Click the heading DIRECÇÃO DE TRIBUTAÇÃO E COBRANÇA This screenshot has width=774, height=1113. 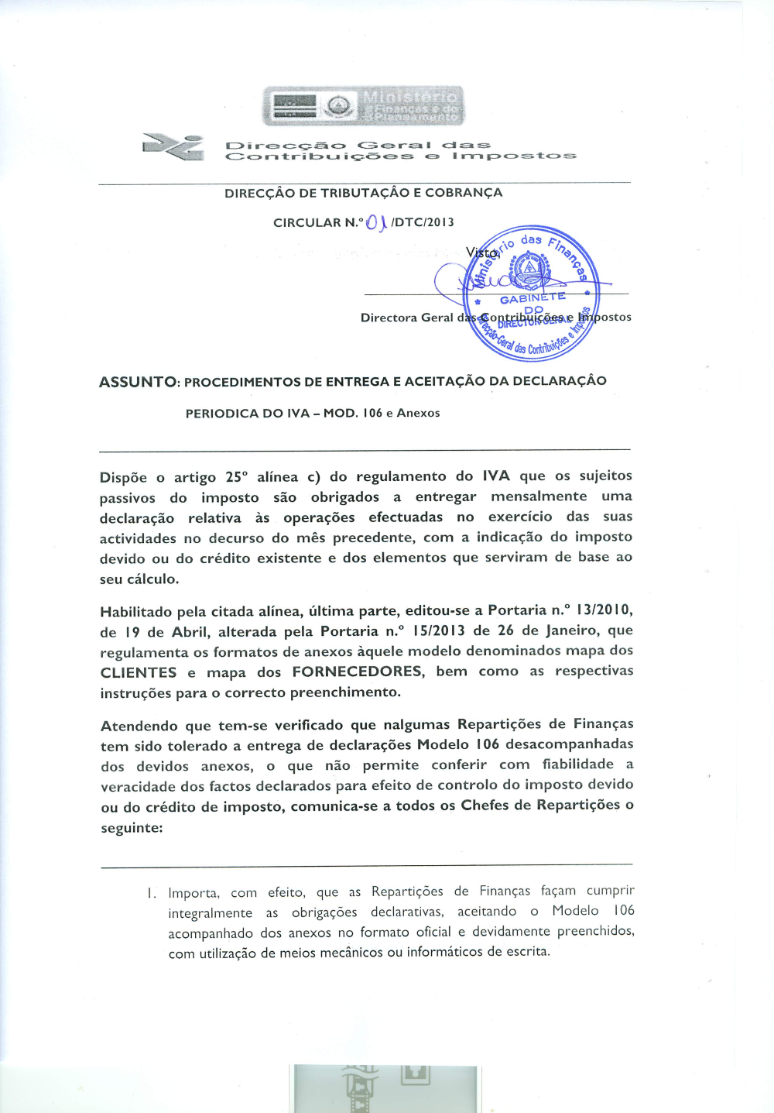tap(363, 193)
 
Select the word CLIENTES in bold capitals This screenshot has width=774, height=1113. tap(139, 673)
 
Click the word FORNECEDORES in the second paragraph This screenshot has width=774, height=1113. tap(358, 672)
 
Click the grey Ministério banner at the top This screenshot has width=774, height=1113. tap(363, 106)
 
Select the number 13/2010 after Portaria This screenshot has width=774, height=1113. tap(596, 610)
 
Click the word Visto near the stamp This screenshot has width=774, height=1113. tap(481, 252)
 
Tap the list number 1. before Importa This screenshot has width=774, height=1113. tap(152, 893)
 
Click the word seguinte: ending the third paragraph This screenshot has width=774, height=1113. tap(132, 828)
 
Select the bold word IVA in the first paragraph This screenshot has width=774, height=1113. tap(496, 476)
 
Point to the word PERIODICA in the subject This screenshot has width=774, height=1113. tap(222, 414)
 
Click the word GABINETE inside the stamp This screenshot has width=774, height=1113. tap(533, 299)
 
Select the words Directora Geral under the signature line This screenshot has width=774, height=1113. tap(406, 318)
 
